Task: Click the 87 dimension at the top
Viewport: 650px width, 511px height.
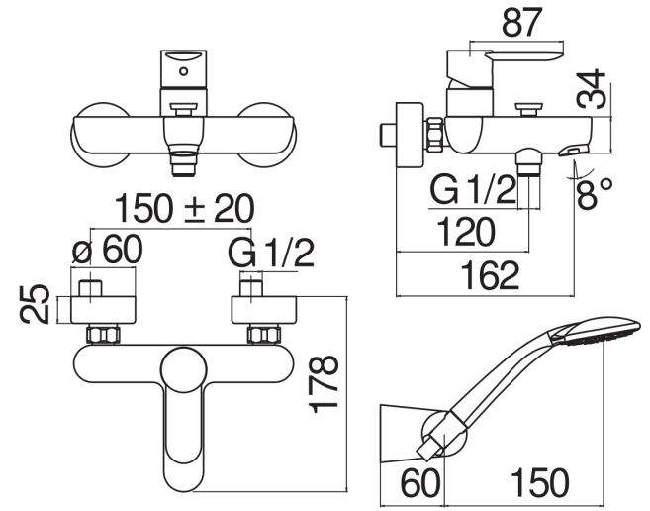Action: [x=522, y=23]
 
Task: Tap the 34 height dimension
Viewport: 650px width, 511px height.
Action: [x=592, y=89]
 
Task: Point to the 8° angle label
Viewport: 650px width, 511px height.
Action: [x=595, y=193]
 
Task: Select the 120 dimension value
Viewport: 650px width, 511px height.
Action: [x=466, y=231]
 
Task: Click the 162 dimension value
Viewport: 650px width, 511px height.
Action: [x=490, y=275]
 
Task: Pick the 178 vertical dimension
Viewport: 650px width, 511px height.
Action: [x=325, y=384]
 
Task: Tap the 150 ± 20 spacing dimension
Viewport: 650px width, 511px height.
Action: [x=184, y=208]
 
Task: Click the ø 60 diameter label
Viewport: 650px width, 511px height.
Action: [x=108, y=250]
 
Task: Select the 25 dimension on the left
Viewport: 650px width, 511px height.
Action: [x=35, y=304]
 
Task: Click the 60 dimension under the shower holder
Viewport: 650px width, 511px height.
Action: [x=419, y=483]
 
